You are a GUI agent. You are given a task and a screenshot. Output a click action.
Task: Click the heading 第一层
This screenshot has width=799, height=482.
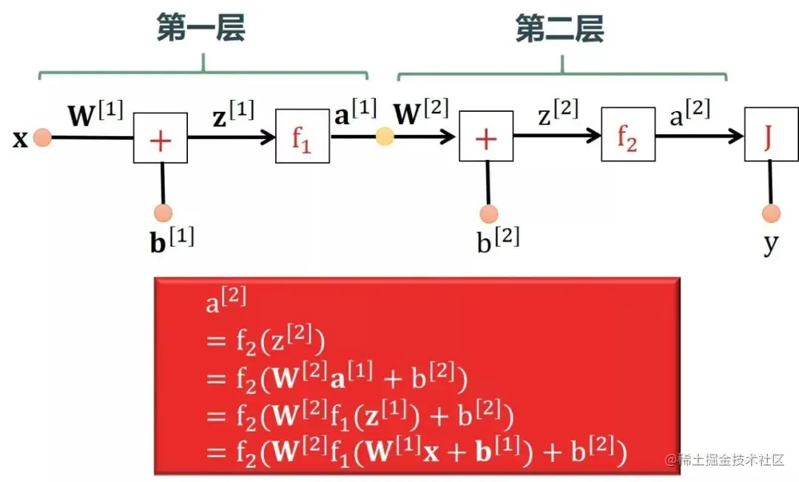(x=200, y=29)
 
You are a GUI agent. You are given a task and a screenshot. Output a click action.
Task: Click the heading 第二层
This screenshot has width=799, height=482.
(x=560, y=29)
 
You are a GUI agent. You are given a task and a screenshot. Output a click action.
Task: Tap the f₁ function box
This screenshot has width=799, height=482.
(x=302, y=137)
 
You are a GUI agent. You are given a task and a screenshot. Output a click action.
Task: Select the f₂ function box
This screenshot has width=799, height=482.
(x=628, y=137)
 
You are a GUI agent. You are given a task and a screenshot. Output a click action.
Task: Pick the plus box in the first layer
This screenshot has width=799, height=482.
(x=161, y=138)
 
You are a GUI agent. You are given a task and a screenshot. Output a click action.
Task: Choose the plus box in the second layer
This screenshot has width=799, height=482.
(x=486, y=138)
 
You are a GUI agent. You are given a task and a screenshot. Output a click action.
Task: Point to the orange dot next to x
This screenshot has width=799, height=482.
(x=42, y=138)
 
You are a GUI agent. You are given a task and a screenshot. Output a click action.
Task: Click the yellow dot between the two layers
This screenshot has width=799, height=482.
(x=385, y=137)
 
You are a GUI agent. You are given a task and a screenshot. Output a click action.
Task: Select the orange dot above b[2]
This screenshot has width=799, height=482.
(x=488, y=214)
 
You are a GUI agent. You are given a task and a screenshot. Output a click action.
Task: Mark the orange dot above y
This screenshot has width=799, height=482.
(x=771, y=214)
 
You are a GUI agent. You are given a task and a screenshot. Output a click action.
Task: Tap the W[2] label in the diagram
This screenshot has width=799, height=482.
(x=421, y=113)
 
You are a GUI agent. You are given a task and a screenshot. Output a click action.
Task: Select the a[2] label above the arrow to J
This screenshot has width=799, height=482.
(x=687, y=113)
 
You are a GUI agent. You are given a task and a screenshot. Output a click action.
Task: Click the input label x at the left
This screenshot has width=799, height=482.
(x=20, y=138)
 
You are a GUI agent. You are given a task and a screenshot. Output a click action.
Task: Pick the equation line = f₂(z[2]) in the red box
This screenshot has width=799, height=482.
(x=266, y=342)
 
